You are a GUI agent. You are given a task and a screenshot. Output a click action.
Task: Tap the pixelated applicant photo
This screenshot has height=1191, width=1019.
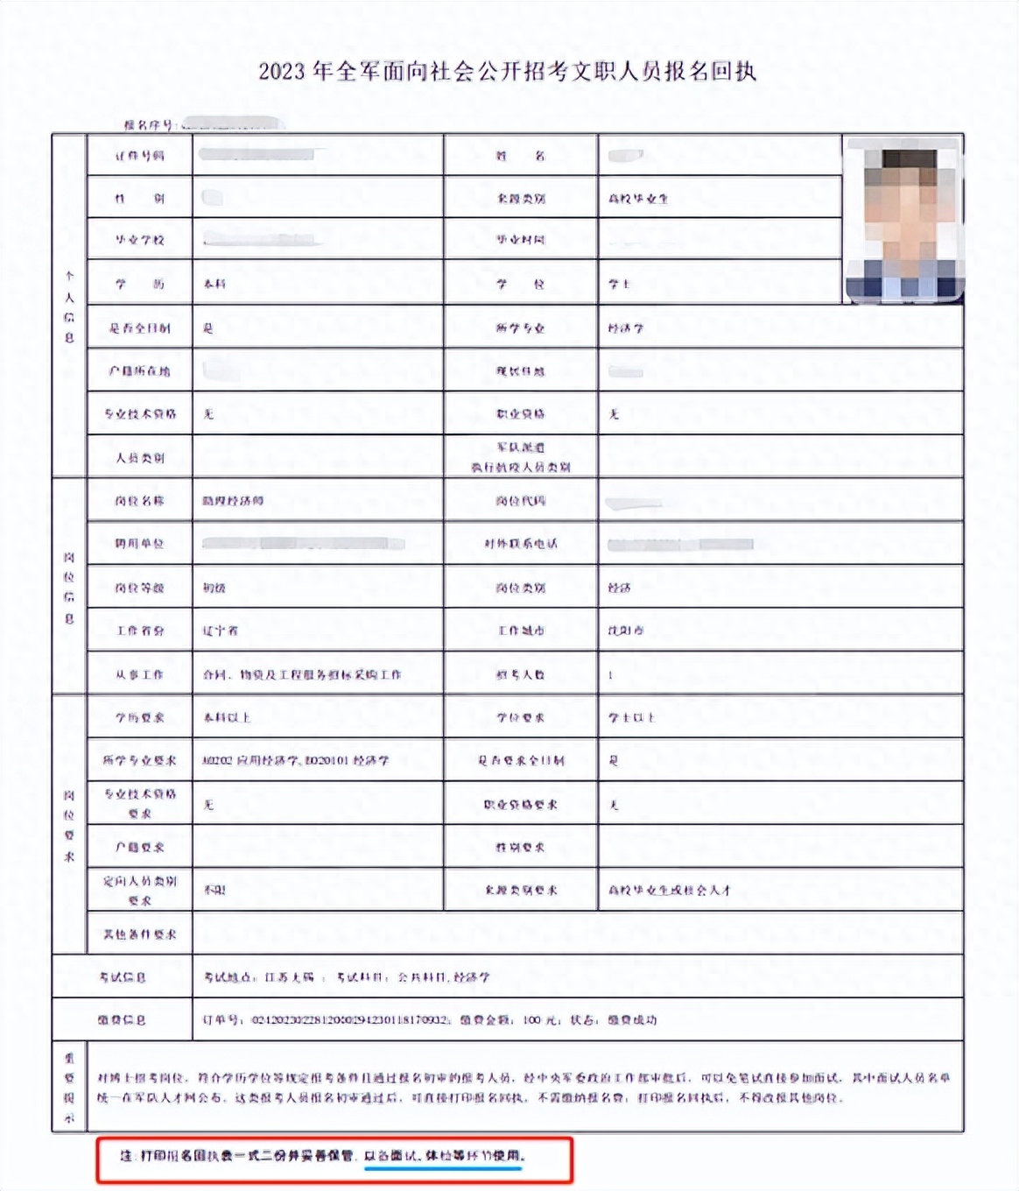(x=903, y=220)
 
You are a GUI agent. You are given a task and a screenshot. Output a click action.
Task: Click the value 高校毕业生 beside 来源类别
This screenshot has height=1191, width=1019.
(x=638, y=199)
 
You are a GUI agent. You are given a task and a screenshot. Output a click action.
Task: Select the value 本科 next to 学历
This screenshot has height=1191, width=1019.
(x=214, y=284)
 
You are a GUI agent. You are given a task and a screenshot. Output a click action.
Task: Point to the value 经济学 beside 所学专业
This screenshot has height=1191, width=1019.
(x=626, y=328)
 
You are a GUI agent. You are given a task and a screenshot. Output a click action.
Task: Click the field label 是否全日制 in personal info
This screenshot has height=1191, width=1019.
(x=140, y=328)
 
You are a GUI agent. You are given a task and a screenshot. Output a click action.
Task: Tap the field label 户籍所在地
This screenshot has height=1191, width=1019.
(x=140, y=371)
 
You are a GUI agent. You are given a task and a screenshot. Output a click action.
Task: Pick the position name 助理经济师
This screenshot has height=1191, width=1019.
(x=233, y=501)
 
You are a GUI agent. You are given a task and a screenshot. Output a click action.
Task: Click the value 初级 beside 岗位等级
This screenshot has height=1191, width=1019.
(x=214, y=588)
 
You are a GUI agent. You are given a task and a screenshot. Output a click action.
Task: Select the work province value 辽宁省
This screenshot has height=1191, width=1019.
(x=221, y=631)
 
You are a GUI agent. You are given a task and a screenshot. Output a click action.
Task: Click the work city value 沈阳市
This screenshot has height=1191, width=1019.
(x=626, y=631)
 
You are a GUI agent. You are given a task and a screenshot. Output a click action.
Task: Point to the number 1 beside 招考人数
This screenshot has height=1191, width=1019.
(x=611, y=674)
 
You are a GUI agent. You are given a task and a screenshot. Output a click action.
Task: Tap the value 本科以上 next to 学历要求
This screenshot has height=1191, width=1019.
(x=227, y=717)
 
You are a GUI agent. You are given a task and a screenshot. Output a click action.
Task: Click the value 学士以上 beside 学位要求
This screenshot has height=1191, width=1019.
(x=631, y=717)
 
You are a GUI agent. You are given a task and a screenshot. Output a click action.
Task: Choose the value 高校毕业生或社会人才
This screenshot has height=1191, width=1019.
(x=670, y=890)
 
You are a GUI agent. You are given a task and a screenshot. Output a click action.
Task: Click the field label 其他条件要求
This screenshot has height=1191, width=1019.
(x=140, y=934)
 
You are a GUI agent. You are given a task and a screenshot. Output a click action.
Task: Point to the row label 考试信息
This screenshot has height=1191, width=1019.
(x=123, y=976)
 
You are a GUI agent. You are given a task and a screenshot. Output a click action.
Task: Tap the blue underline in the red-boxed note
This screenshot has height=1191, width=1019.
(x=443, y=1167)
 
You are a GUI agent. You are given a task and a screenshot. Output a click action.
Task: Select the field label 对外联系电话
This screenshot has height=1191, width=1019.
(x=521, y=544)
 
